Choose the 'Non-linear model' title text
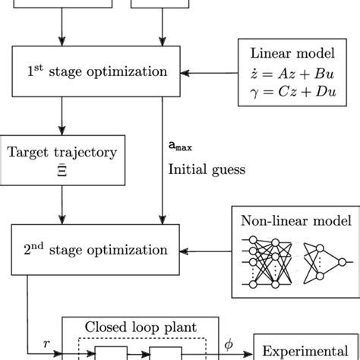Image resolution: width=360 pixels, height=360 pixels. click(292, 223)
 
